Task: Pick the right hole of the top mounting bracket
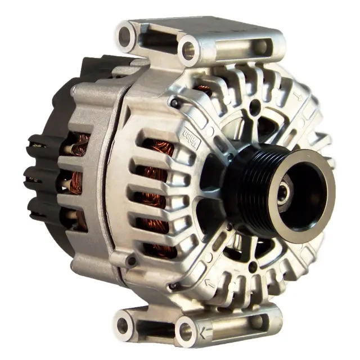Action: tap(189, 49)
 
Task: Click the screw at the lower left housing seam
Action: tap(131, 262)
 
